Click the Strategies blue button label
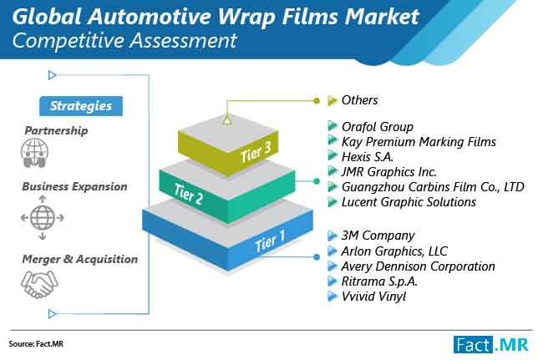81,106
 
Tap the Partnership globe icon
34,153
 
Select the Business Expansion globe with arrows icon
43,218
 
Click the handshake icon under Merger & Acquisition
39,284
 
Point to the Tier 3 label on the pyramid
256,152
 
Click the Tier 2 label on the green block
188,194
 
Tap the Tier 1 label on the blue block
270,241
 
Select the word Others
359,100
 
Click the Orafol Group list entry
378,127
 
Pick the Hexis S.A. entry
368,157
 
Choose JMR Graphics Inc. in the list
389,172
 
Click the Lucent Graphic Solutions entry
409,202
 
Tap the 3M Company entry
378,236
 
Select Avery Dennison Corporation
418,266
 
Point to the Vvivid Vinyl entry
373,297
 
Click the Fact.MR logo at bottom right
491,344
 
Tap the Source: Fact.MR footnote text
36,344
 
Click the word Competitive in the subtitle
69,41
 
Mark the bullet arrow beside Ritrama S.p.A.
332,281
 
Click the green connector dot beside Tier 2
316,181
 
